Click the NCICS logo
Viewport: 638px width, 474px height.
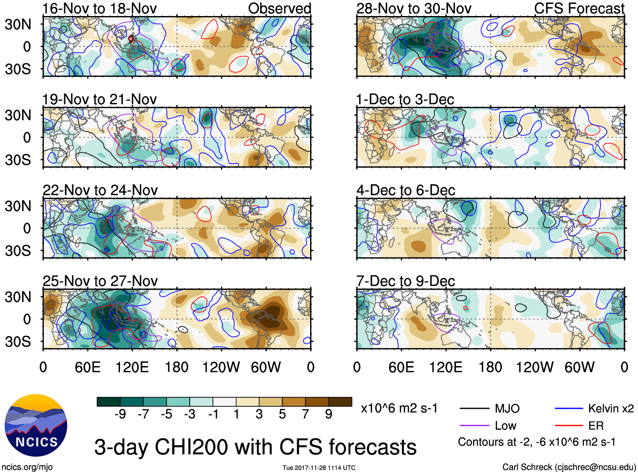36,425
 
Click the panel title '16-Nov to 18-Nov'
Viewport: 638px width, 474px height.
99,8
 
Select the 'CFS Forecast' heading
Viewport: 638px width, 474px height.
579,8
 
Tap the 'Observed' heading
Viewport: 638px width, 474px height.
279,8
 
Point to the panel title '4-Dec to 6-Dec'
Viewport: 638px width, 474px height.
406,190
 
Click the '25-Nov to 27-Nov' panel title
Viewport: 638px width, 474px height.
100,281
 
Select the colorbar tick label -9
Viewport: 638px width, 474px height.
120,414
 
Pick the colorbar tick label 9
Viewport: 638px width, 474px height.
329,414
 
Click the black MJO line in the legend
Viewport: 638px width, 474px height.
474,408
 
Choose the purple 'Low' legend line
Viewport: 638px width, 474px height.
474,426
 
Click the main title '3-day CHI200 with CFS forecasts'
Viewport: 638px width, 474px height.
255,447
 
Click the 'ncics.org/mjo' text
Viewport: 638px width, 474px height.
27,467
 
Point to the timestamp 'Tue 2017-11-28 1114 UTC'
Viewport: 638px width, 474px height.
319,468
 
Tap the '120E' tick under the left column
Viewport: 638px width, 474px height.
132,367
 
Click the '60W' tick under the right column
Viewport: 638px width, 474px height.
579,367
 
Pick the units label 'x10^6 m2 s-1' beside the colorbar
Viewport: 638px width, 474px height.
399,408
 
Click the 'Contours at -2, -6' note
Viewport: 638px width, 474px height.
537,442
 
